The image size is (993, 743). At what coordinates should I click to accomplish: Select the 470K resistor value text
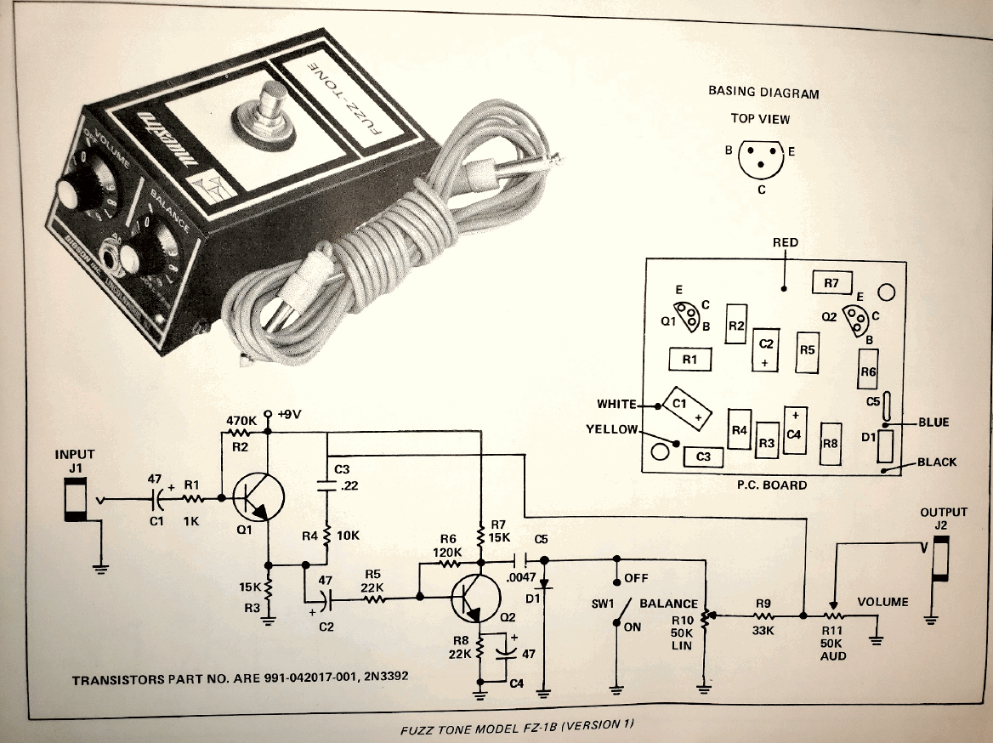pyautogui.click(x=241, y=420)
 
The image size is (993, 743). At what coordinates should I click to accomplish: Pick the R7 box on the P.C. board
pyautogui.click(x=831, y=281)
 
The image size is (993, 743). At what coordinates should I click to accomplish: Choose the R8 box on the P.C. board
pyautogui.click(x=831, y=444)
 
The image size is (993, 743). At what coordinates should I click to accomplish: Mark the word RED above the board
pyautogui.click(x=785, y=242)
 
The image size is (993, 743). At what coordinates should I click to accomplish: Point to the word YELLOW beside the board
pyautogui.click(x=611, y=429)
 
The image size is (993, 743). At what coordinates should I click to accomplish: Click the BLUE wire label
pyautogui.click(x=933, y=423)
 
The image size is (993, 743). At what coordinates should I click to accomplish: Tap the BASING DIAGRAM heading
pyautogui.click(x=763, y=92)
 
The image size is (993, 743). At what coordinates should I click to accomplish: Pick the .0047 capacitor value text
pyautogui.click(x=520, y=578)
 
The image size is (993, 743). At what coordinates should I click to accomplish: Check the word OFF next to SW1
pyautogui.click(x=636, y=578)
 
